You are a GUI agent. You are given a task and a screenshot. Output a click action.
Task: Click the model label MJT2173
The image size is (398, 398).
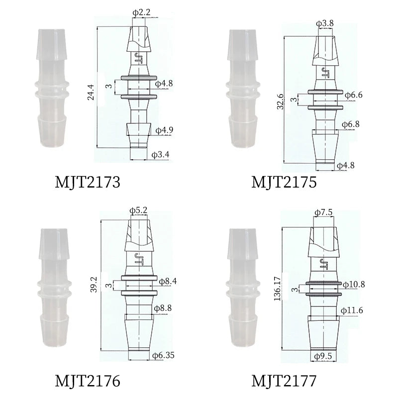click(x=88, y=182)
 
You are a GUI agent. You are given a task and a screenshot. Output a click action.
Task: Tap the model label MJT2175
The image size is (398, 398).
click(x=284, y=182)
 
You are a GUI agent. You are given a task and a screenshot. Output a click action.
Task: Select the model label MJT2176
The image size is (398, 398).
click(x=88, y=381)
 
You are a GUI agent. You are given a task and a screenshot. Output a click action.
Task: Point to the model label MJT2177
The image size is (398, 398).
click(x=284, y=381)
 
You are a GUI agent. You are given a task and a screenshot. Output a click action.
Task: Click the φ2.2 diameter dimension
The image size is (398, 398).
click(x=141, y=12)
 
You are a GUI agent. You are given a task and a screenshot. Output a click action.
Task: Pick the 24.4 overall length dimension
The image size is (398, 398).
click(x=91, y=92)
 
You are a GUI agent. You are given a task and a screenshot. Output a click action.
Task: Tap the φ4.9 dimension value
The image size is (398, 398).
click(x=164, y=130)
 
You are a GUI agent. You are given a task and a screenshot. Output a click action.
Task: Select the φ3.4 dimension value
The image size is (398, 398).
click(x=160, y=155)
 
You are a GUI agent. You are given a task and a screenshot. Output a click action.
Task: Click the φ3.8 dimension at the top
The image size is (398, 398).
click(x=325, y=23)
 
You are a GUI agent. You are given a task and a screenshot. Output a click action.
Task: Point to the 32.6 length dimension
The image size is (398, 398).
click(x=280, y=101)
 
